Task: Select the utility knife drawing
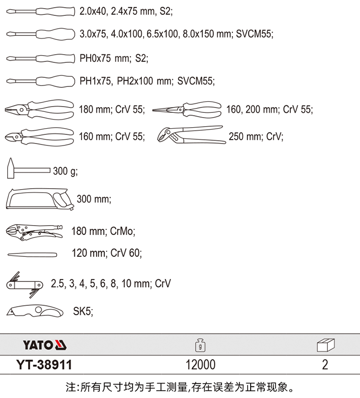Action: point(35,311)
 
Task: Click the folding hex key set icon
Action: point(24,285)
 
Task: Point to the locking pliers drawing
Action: point(34,231)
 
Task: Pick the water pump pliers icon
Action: point(191,135)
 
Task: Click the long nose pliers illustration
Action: point(187,109)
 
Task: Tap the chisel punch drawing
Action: point(32,254)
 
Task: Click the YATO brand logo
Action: point(45,345)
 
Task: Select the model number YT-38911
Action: point(44,365)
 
